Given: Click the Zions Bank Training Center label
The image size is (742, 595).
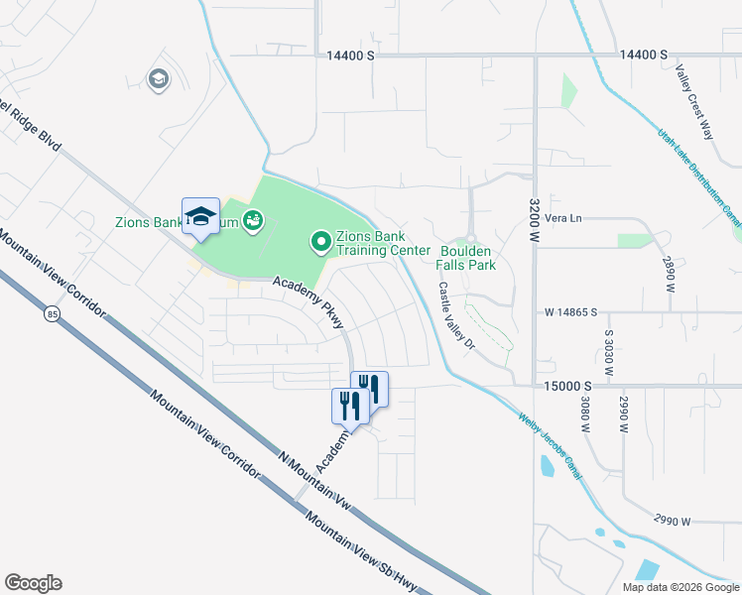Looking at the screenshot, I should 383,243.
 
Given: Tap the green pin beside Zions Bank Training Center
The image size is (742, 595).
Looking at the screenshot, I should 321,241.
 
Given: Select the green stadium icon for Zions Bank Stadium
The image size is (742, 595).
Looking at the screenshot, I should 253,218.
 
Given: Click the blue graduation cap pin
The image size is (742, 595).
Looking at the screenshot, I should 200,217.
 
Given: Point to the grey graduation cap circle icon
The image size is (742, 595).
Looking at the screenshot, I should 158,79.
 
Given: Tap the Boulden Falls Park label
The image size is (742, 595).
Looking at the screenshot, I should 467,259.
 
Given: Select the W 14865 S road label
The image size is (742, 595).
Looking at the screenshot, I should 570,311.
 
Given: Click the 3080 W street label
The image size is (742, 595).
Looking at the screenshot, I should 583,416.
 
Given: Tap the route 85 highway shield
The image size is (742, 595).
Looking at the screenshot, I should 51,314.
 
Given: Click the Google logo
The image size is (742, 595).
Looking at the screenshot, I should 33,583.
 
